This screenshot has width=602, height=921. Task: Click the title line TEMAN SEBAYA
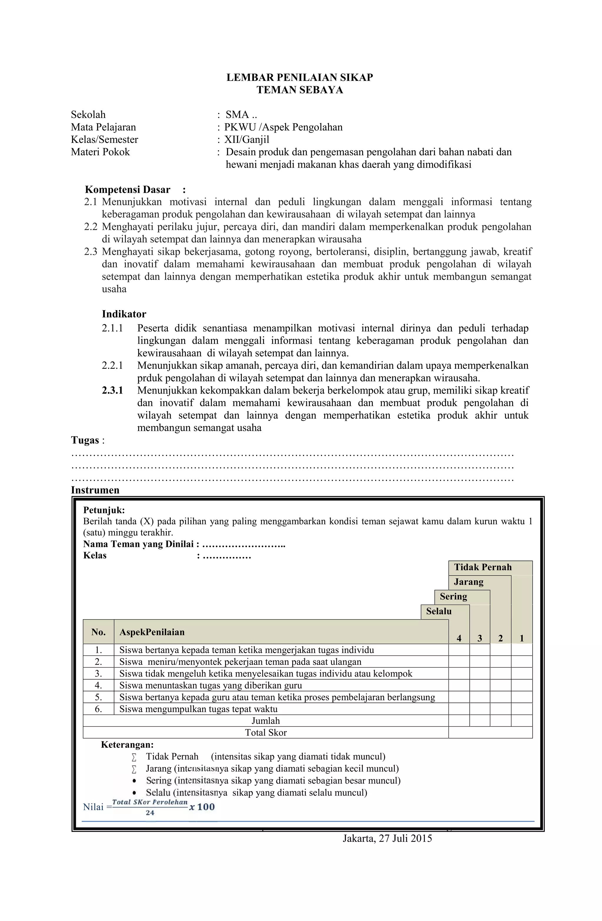point(300,90)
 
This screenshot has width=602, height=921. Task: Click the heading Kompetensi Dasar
point(127,190)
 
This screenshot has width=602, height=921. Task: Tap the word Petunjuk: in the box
point(104,510)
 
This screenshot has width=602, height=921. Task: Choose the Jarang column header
point(469,582)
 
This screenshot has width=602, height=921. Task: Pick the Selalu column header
point(438,611)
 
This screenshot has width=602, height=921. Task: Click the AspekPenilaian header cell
point(152,632)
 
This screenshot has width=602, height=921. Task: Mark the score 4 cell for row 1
point(459,650)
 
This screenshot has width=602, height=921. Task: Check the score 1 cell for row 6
point(521,709)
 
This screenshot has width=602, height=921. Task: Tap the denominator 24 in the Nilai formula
point(150,813)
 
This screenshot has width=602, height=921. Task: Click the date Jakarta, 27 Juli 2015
point(387,839)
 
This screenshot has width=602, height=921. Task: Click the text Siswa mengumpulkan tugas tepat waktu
point(198,709)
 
